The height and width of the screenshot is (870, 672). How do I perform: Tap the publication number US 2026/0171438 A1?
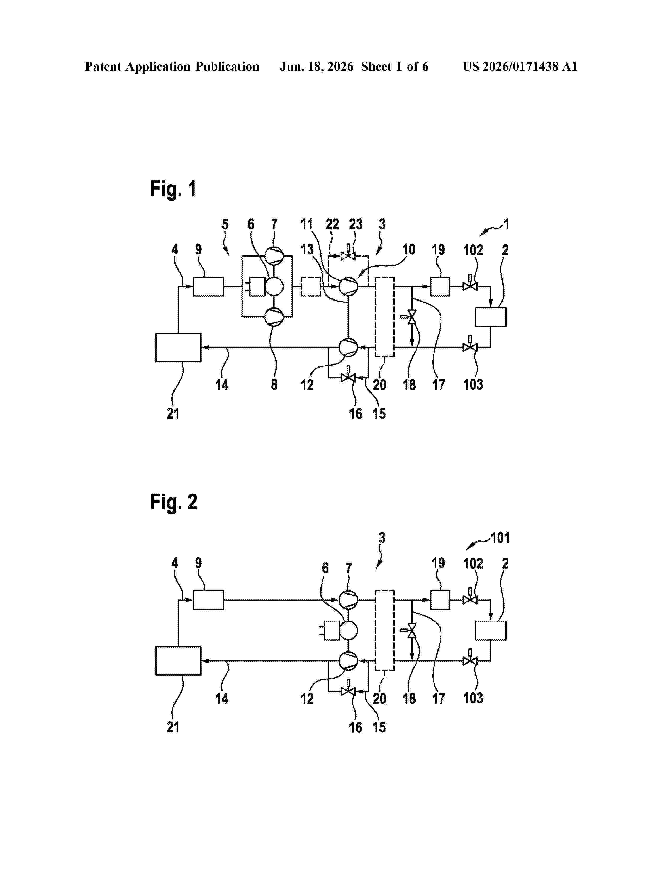tap(520, 66)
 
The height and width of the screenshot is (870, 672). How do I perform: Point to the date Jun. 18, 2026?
tap(316, 66)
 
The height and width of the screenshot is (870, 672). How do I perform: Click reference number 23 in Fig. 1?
tap(356, 224)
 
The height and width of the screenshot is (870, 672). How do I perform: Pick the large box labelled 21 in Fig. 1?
tap(178, 347)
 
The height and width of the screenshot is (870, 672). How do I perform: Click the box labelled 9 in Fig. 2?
tap(208, 600)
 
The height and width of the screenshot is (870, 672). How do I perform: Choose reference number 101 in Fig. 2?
tap(500, 538)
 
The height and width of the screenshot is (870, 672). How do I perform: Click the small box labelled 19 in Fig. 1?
tap(440, 286)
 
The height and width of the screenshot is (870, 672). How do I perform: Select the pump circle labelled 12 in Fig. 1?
tap(348, 347)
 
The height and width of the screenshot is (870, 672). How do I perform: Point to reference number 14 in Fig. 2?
tap(222, 698)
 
